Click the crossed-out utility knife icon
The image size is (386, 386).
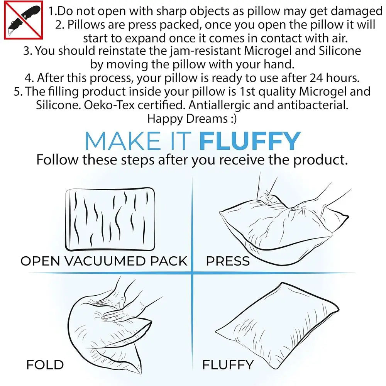tap(24, 20)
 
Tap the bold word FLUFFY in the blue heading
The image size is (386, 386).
tap(250, 141)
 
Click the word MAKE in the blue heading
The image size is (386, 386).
tap(122, 141)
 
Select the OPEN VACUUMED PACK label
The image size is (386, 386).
tap(104, 261)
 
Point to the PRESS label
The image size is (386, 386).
tap(228, 261)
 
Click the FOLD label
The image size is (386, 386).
tap(45, 365)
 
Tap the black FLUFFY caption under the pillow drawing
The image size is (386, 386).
tap(228, 365)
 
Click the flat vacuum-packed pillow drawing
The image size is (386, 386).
tap(110, 219)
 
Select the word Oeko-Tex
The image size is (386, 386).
tap(109, 105)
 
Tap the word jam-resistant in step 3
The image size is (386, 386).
tap(205, 51)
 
